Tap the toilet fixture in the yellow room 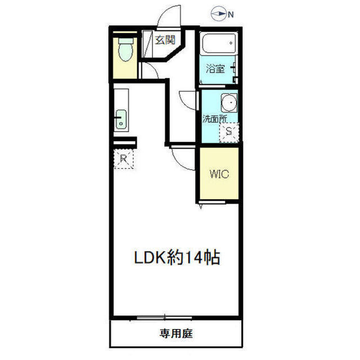125,51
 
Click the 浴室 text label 215,69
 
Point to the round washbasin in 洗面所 228,103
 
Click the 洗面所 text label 215,119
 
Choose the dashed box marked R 124,159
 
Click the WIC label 219,174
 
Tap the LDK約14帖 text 175,259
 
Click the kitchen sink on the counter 121,120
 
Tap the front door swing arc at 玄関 169,17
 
